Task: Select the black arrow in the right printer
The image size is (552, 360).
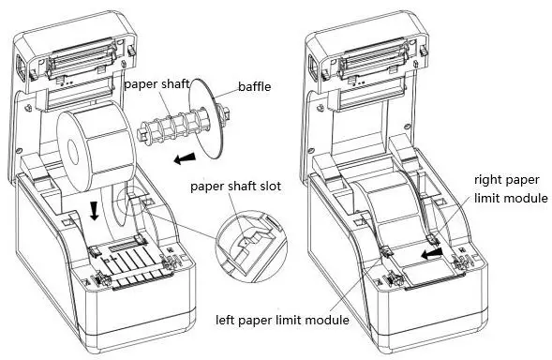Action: coord(430,252)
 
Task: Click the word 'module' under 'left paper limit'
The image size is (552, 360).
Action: coord(327,320)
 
